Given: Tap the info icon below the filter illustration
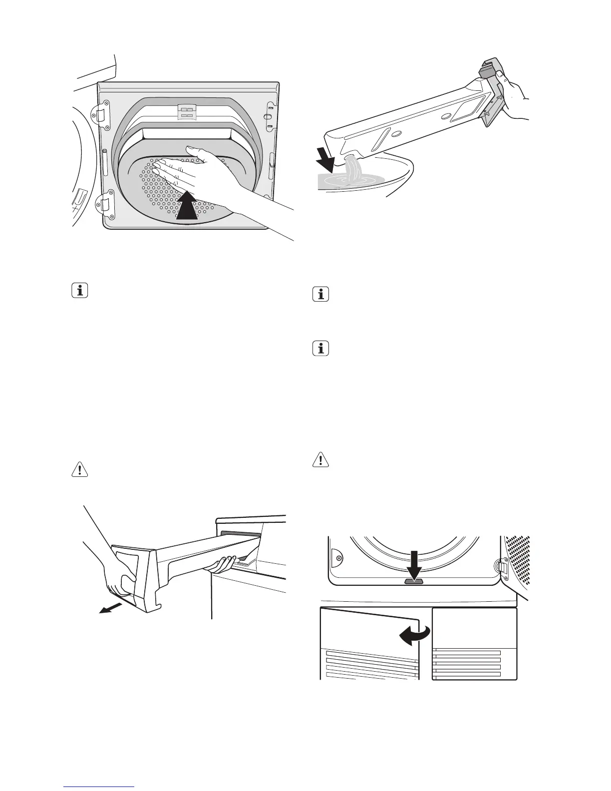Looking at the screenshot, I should [79, 291].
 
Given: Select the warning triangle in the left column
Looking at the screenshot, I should [79, 470].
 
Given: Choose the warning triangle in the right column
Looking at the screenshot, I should [320, 459].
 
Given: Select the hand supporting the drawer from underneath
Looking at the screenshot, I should [223, 564].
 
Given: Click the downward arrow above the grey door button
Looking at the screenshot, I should [413, 564].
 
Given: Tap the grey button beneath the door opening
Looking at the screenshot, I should [413, 581].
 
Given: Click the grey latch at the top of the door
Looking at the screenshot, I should [188, 112].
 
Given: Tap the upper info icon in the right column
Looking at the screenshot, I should [320, 295].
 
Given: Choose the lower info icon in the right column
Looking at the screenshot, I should [320, 349].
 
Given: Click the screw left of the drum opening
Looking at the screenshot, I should [339, 558].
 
